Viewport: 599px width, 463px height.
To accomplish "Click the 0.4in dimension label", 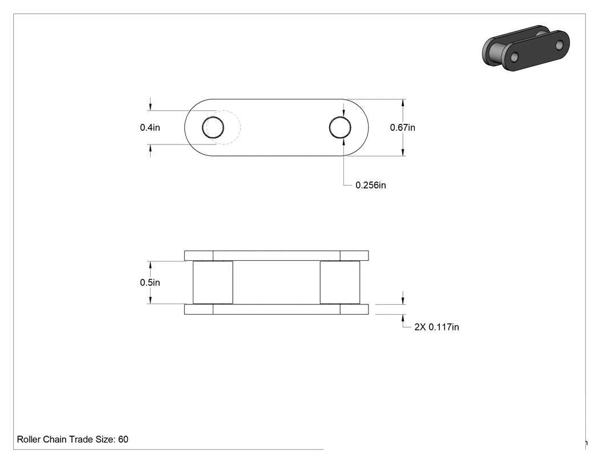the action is coord(149,127).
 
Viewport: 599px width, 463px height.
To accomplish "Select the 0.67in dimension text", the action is coord(402,127).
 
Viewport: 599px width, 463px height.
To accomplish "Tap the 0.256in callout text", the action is coord(371,185).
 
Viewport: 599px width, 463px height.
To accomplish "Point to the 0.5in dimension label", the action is coord(149,283).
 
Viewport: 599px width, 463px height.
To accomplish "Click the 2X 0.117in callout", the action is coord(436,327).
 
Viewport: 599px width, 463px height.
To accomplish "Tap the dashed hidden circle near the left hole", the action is coord(240,127).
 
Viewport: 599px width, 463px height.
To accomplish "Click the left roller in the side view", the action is coord(213,283).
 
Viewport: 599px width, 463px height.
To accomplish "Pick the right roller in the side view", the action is coord(340,283).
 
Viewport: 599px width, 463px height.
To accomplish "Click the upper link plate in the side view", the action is coord(277,256).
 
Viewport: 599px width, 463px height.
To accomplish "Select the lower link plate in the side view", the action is coord(277,309).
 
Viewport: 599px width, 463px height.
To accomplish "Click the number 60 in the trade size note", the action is coord(123,439).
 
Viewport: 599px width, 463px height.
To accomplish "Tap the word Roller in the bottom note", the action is coord(29,439).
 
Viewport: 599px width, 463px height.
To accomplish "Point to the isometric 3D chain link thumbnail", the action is coord(526,48).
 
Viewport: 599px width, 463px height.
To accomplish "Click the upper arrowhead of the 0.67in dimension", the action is coord(403,103).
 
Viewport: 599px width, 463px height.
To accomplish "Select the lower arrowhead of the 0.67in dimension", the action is coord(403,152).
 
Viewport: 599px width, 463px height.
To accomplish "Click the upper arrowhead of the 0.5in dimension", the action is coord(150,265).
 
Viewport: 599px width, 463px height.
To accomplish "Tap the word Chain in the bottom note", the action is coord(54,439).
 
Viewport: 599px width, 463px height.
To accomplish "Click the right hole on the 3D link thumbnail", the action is coord(560,45).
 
